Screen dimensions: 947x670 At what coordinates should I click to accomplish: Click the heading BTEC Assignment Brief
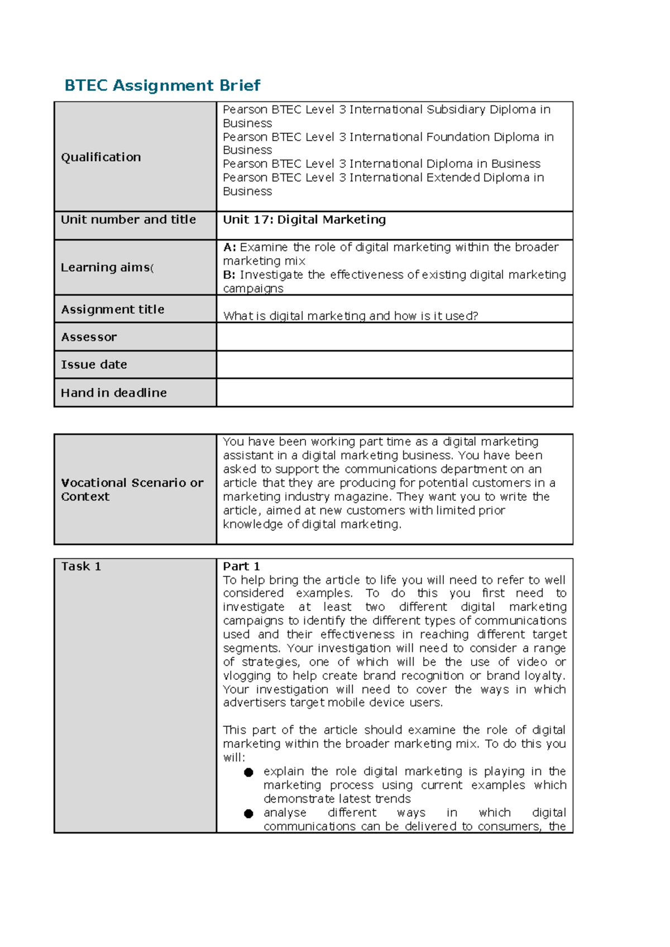click(x=162, y=85)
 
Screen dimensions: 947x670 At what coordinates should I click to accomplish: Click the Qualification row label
click(x=101, y=157)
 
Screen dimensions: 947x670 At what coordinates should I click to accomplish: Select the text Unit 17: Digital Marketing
click(x=304, y=220)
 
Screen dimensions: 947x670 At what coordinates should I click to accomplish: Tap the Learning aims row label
click(x=106, y=268)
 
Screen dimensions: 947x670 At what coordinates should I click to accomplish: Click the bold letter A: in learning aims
click(x=229, y=247)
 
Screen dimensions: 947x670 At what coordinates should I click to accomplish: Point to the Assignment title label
click(x=113, y=310)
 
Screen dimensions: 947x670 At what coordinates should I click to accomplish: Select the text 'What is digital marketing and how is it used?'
click(x=351, y=316)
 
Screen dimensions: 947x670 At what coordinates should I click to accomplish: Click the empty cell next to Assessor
click(x=394, y=337)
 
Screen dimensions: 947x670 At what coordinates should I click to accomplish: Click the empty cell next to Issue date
click(x=394, y=365)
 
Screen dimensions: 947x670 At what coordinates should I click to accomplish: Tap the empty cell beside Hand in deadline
click(x=394, y=393)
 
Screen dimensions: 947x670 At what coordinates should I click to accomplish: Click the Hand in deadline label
click(x=114, y=393)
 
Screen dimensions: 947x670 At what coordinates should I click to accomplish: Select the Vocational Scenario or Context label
click(x=132, y=490)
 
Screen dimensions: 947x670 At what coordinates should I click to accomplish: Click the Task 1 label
click(x=81, y=567)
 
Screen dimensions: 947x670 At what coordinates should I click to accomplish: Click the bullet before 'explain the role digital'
click(x=248, y=772)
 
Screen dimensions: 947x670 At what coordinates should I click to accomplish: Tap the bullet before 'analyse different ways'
click(x=248, y=814)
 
